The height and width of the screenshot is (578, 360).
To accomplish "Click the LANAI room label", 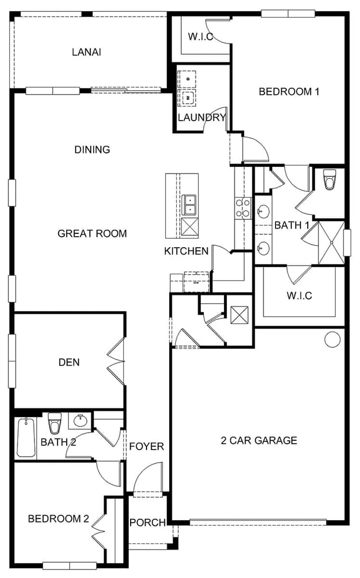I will pos(87,52).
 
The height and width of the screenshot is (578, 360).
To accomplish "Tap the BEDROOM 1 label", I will pos(289,91).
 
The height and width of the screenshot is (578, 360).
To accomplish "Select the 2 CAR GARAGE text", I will pos(259,440).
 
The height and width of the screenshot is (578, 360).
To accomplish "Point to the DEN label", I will pos(69,362).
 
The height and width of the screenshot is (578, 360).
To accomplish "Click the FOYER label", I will pos(147,446).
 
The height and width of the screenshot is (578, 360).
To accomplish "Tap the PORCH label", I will pos(147,522).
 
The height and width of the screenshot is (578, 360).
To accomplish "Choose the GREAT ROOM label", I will pos(92,233).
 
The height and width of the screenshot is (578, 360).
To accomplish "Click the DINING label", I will pos(92,150).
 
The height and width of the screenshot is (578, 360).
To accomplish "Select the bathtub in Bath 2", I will pos(26,438).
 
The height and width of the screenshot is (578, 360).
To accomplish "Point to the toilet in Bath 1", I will pos(330,180).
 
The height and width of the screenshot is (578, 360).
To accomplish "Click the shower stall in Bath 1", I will pos(331,242).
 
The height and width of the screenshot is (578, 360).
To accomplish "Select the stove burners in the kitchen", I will pos(243,208).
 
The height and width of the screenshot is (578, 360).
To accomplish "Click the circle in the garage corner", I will pos(332,339).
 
